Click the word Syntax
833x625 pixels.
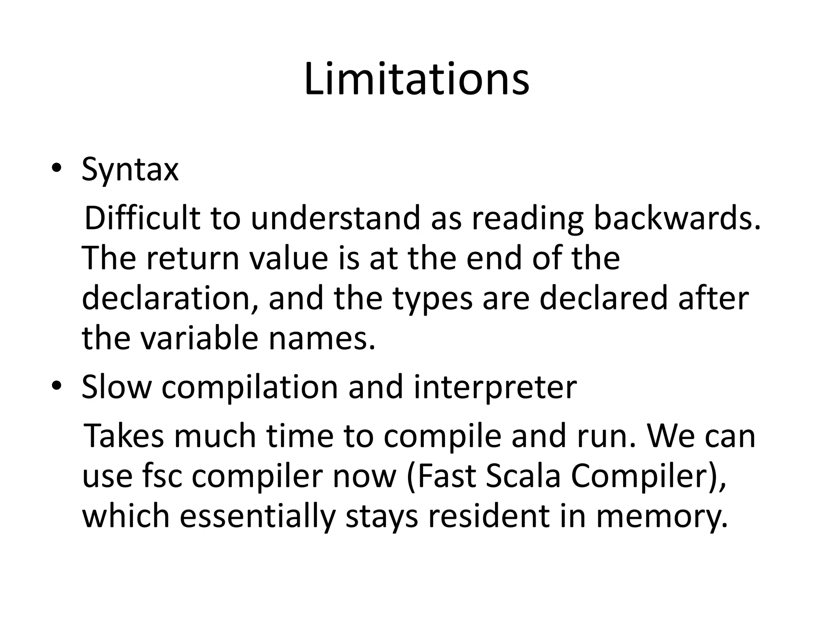coord(130,170)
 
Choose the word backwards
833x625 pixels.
coord(677,218)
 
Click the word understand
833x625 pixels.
coord(336,218)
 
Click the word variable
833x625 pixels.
coord(199,338)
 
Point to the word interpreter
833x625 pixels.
coord(495,387)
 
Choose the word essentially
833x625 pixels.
coord(258,516)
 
